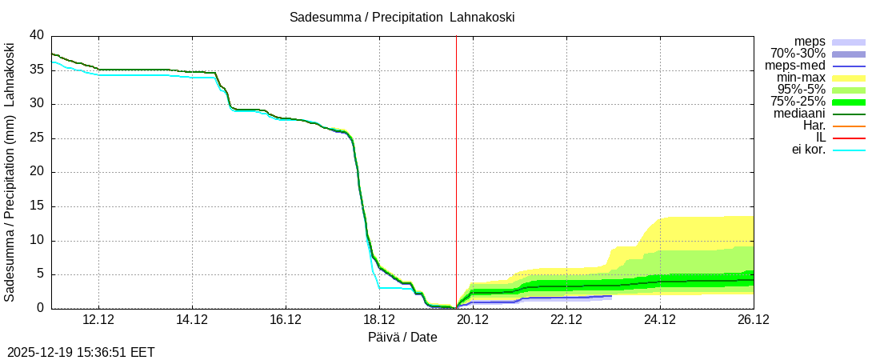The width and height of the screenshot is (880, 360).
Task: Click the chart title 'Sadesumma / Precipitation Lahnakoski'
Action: tap(402, 17)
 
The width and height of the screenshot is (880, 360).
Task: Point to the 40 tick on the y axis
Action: tap(37, 35)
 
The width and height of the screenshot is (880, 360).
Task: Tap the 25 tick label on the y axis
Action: tap(37, 138)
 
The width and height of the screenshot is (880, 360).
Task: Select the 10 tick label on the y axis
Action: tap(37, 240)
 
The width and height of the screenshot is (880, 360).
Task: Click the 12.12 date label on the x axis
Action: tap(98, 319)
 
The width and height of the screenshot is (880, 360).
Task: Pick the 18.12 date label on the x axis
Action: tap(378, 319)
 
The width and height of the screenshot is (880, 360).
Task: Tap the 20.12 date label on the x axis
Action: tap(472, 319)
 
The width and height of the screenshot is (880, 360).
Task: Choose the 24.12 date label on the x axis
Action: tap(659, 319)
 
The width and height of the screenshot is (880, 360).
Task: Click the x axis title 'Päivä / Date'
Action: tap(402, 337)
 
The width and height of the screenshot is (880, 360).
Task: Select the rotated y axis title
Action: tap(10, 172)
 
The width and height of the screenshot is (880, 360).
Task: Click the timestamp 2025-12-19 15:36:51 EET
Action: tap(81, 352)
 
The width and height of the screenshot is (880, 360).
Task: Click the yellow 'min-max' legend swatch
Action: tap(849, 78)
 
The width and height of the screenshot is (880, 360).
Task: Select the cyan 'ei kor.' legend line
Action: tap(849, 150)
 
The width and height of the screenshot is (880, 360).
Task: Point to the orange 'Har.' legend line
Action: tap(849, 126)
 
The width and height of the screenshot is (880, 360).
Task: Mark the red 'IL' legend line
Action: tap(849, 138)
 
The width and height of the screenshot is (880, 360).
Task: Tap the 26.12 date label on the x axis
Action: tap(753, 319)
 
